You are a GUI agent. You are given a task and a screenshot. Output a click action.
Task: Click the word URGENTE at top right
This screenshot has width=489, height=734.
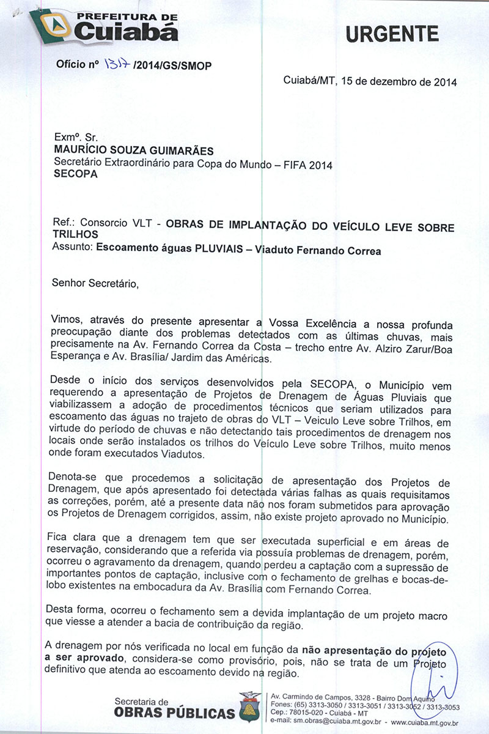click(x=392, y=34)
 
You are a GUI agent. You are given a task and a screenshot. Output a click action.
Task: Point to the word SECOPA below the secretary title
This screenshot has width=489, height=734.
click(x=76, y=174)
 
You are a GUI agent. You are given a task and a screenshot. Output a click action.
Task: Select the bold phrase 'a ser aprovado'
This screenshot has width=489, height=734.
click(x=85, y=659)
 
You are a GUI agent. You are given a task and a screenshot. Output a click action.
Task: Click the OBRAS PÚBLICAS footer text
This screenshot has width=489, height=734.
click(x=174, y=713)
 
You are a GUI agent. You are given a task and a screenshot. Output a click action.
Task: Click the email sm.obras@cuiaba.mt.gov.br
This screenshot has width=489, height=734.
click(x=326, y=722)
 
